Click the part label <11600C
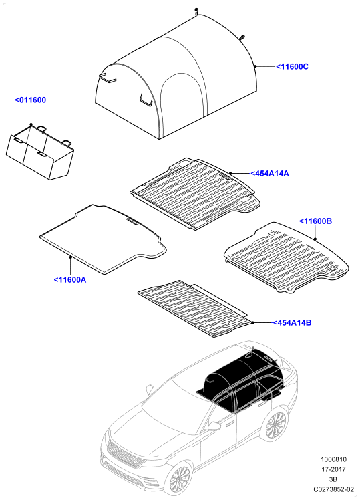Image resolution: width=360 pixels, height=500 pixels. coord(292,67)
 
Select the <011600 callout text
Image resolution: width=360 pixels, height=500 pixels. coord(30,100)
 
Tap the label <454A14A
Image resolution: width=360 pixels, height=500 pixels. coord(270,174)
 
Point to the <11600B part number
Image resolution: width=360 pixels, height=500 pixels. coord(315,221)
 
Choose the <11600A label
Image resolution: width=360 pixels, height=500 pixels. coord(70,279)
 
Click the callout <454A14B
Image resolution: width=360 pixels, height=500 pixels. coord(291,322)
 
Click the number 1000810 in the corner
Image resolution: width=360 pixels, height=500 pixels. coord(333,459)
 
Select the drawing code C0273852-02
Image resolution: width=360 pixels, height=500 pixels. coord(333,489)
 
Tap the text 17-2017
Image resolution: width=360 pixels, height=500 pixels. coord(333,469)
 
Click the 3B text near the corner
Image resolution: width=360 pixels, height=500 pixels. coord(333,479)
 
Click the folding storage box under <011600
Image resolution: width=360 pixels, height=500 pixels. coord(40,152)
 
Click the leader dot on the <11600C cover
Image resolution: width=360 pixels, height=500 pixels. coord(256,66)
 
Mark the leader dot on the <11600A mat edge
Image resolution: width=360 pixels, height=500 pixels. coord(70,257)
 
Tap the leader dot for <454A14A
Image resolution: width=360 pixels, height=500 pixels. coord(230,173)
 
